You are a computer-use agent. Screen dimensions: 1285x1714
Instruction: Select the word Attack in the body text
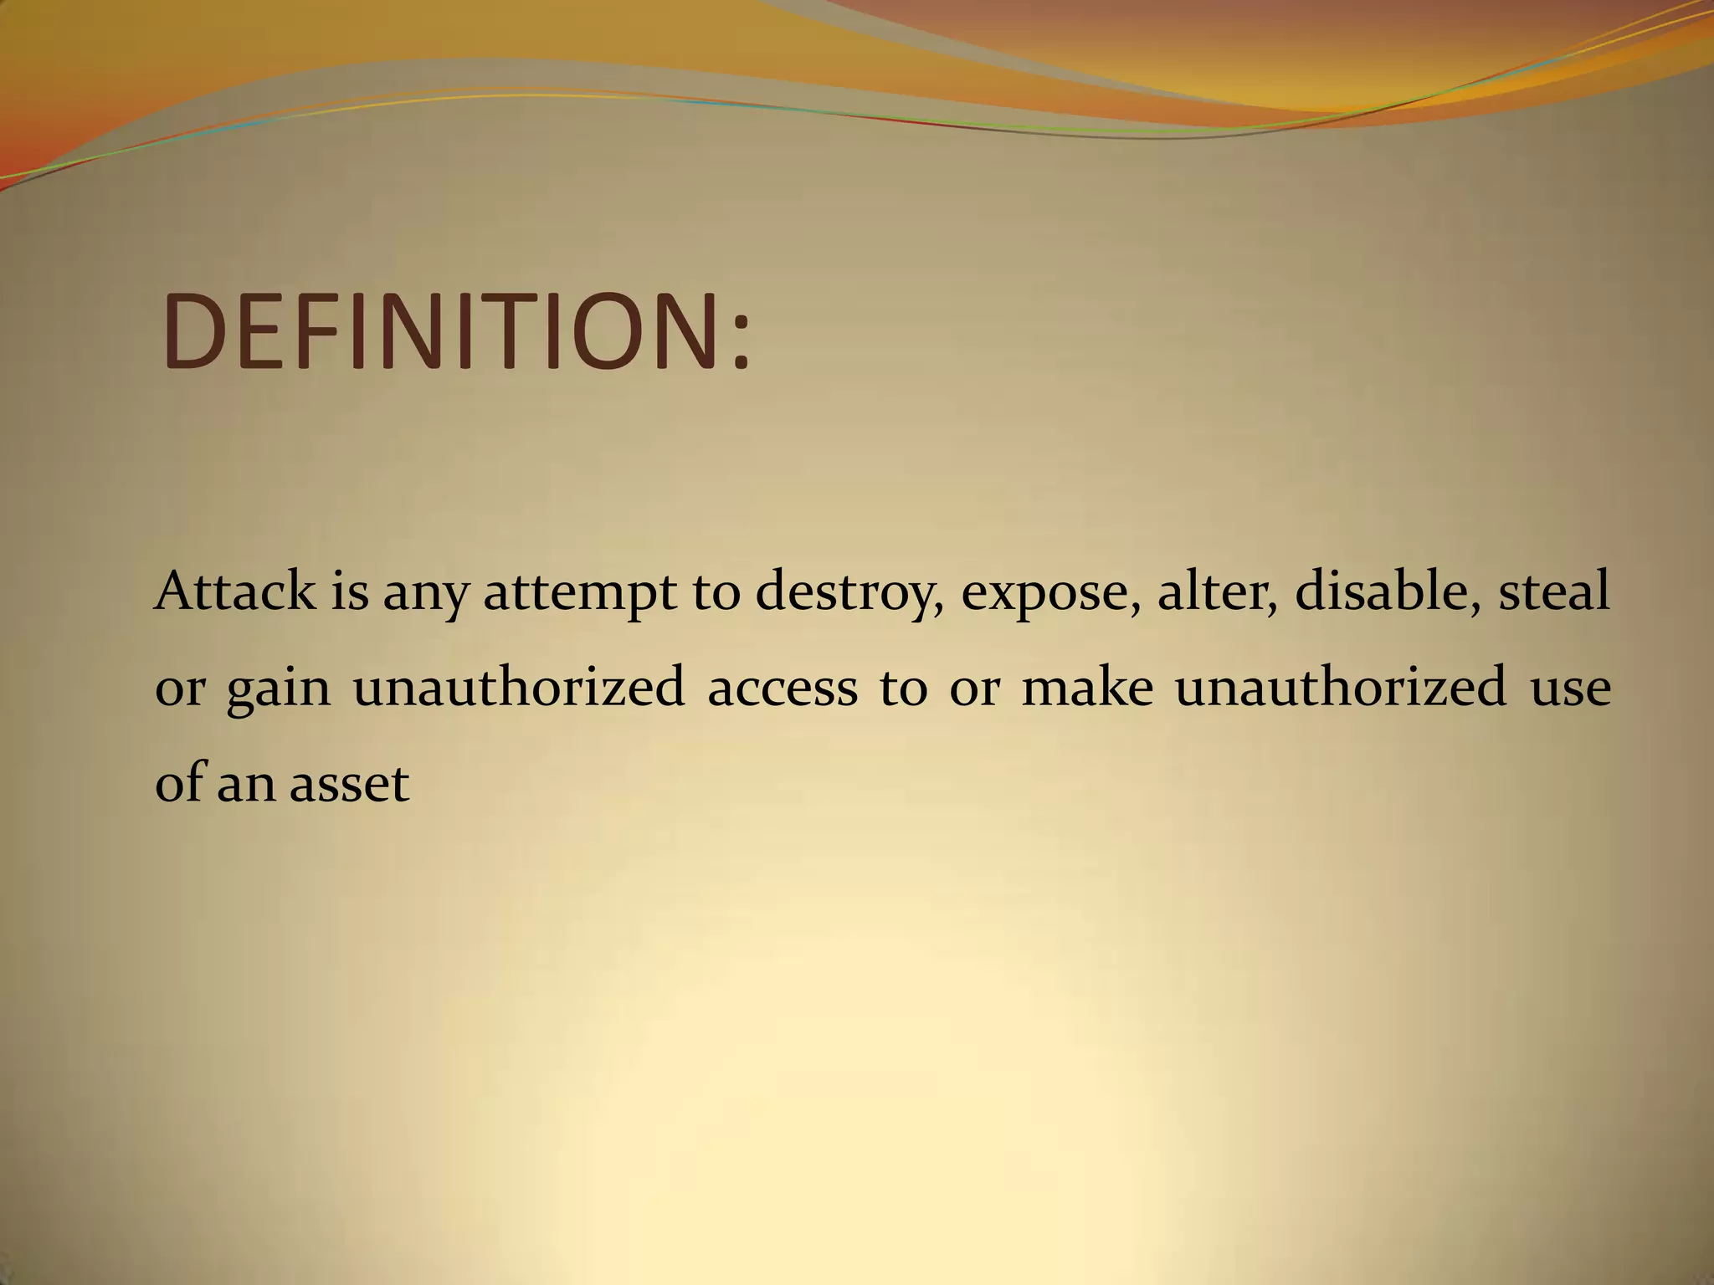point(235,591)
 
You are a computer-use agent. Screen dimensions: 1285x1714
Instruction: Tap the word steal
point(1553,591)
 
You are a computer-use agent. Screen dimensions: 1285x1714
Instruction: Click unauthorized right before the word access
point(519,688)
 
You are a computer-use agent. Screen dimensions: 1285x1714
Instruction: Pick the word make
point(1086,688)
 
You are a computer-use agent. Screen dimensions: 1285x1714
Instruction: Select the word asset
point(349,785)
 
